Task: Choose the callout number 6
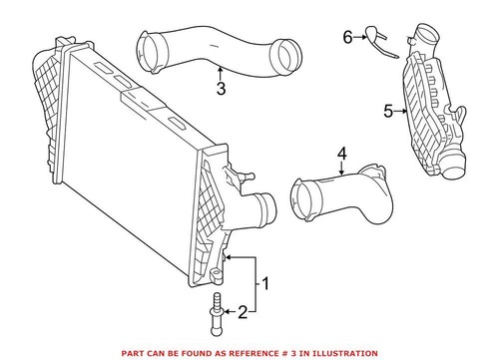348,37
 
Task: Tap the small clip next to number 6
377,39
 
